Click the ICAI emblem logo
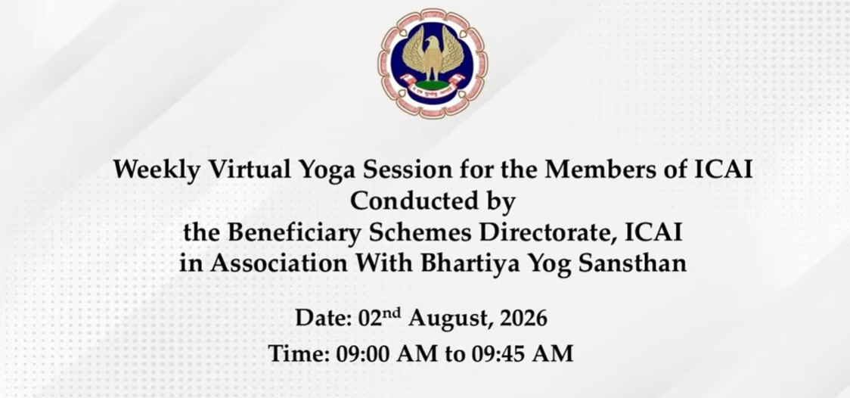pos(432,64)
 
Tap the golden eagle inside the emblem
pos(432,55)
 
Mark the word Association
pos(278,264)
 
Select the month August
pos(451,319)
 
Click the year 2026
pos(523,318)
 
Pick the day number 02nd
pos(380,317)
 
